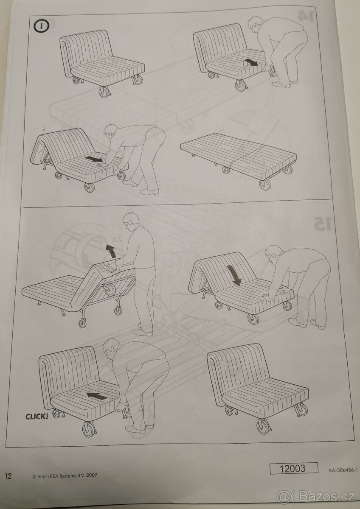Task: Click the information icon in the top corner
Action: coord(42,26)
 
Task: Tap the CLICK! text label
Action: coord(37,416)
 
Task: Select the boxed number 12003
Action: coord(293,468)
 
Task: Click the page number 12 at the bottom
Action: coord(8,475)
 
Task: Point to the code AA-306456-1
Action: coord(343,470)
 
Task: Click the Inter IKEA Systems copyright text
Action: coord(65,475)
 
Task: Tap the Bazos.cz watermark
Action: coord(316,496)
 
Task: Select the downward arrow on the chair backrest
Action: coord(233,274)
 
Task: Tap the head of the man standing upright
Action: coord(131,221)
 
